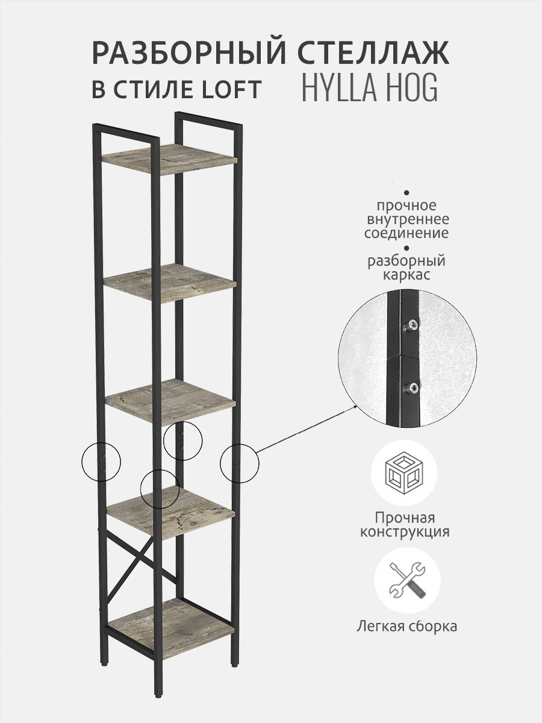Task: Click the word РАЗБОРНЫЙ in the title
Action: click(x=189, y=53)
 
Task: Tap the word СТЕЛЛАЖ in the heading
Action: click(x=373, y=53)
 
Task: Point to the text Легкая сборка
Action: click(x=406, y=627)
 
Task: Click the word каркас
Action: click(x=406, y=275)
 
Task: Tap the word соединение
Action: click(x=406, y=233)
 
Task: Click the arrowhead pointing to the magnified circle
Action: click(x=355, y=407)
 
